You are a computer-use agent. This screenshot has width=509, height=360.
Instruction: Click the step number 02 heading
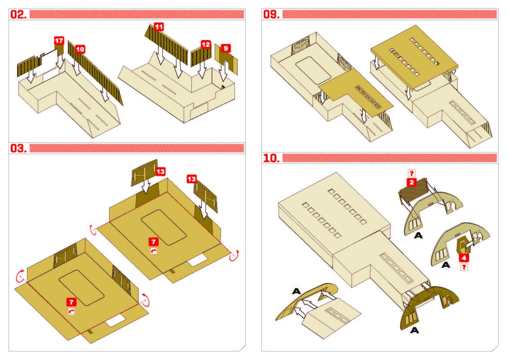coord(19,14)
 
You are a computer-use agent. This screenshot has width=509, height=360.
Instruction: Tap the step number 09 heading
coord(271,14)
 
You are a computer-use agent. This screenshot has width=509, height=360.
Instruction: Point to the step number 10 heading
coord(271,158)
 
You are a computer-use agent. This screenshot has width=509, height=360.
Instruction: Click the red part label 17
coord(59,41)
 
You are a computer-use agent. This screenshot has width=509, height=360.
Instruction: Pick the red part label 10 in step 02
coord(80,49)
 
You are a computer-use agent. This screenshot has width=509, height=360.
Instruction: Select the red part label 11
coord(159,27)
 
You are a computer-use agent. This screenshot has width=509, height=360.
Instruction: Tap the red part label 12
coord(205,45)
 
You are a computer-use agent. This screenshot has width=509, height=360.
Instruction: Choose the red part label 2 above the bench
coord(411,182)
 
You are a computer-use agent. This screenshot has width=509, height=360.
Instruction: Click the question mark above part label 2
coord(411,173)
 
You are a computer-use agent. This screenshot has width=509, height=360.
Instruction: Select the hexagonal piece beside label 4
coord(462,246)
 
